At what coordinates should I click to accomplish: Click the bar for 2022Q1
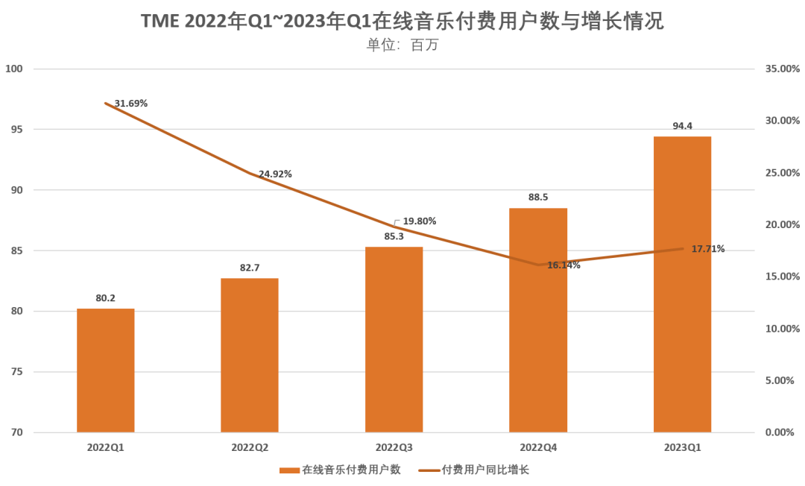coord(106,370)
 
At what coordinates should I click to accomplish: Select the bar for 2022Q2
coord(250,356)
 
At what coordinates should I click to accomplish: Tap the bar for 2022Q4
coord(538,321)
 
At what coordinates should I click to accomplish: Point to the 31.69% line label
coord(131,104)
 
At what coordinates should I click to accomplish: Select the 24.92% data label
coord(275,174)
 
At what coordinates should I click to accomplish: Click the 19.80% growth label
coord(419,221)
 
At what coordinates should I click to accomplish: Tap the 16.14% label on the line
coord(563,265)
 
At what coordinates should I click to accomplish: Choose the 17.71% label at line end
coord(707,249)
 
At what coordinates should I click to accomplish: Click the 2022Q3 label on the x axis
coord(394,447)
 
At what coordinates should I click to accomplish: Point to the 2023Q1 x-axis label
coord(682,447)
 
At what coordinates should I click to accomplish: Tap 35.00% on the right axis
coord(782,69)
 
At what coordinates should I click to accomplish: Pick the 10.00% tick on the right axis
coord(782,329)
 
